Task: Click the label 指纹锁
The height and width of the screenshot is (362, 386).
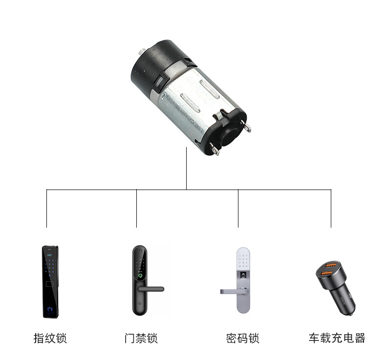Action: (x=50, y=338)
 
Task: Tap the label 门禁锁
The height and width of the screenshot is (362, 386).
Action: (x=141, y=338)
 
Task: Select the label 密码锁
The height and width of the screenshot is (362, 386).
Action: (x=243, y=338)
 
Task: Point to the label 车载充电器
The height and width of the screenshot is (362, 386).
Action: (x=337, y=338)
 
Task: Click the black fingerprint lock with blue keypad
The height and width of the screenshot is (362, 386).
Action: (x=50, y=281)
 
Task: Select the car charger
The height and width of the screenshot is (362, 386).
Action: (x=336, y=288)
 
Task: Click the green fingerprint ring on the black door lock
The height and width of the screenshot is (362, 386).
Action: (x=140, y=276)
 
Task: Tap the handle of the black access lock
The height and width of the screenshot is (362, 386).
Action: (x=150, y=289)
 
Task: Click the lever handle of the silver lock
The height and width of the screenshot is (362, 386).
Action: (x=233, y=292)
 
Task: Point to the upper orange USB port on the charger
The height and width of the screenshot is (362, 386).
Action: (x=330, y=265)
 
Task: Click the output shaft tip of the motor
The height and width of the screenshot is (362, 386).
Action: (x=142, y=51)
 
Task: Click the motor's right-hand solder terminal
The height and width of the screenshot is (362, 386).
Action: (x=246, y=126)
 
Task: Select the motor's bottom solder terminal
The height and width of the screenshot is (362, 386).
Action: (x=214, y=149)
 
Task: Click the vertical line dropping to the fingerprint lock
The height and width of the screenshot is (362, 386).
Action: (x=46, y=209)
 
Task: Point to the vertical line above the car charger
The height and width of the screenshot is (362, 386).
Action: (x=331, y=209)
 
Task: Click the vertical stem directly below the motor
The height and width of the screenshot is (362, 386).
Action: (x=186, y=169)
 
